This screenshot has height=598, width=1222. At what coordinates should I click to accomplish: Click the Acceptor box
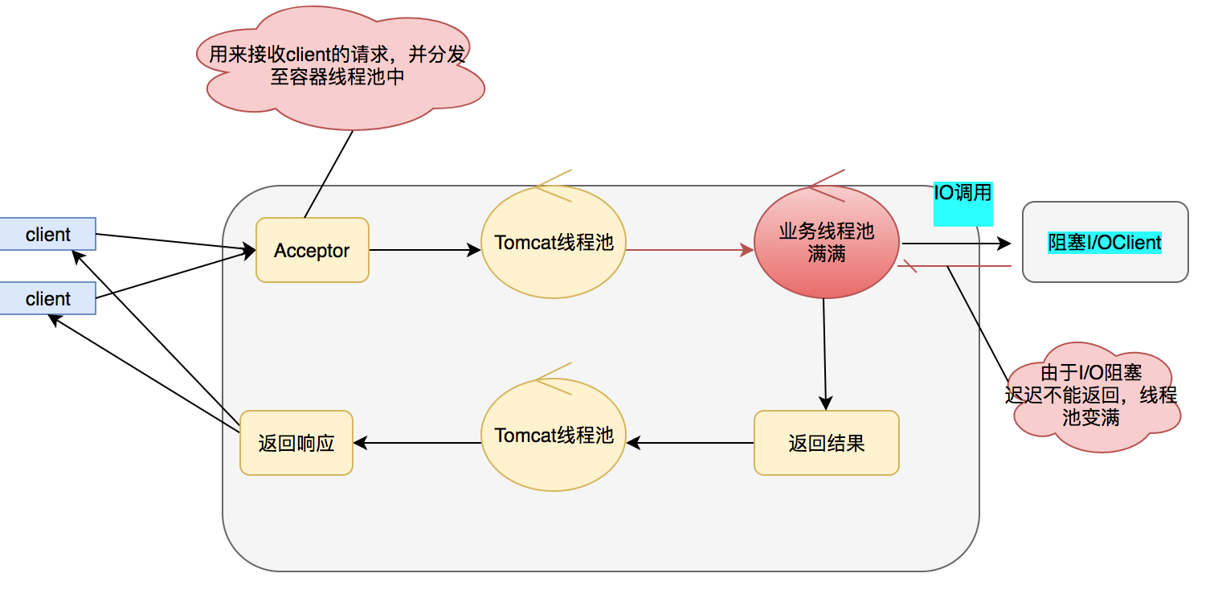coord(312,250)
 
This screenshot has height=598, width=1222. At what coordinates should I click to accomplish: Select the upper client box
coord(48,234)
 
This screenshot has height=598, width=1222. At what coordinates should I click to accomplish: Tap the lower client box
coord(48,298)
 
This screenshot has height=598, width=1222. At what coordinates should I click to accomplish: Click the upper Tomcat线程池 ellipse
coord(554,242)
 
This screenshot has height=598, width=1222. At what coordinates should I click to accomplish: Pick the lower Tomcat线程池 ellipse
coord(554,435)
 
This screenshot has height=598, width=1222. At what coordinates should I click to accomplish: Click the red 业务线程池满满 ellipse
coord(827,242)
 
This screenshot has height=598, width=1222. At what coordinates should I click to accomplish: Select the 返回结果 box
coord(827,443)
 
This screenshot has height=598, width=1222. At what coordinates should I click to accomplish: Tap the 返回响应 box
coord(296,443)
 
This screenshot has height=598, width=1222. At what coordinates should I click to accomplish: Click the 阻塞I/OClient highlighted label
coord(1105,242)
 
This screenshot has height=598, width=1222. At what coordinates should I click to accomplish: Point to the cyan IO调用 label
coord(962,203)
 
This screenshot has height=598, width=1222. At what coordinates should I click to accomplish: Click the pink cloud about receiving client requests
coord(340,68)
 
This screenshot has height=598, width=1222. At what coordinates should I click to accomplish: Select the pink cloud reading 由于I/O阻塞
coord(1093,397)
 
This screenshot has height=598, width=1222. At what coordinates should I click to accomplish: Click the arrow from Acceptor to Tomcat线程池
coord(425,250)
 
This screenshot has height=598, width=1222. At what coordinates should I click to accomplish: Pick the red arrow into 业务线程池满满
coord(690,250)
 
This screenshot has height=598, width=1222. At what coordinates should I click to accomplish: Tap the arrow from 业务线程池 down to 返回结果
coord(825,354)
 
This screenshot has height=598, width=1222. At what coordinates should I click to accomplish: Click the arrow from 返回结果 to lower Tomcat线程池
coord(690,443)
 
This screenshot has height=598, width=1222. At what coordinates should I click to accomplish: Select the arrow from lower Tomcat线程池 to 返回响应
coord(417,443)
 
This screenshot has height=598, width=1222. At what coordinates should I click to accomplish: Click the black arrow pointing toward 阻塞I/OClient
coord(956,244)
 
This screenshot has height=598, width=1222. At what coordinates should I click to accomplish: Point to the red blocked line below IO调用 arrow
coord(954,266)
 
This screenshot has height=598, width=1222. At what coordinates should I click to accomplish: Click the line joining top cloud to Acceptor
coord(329,174)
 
